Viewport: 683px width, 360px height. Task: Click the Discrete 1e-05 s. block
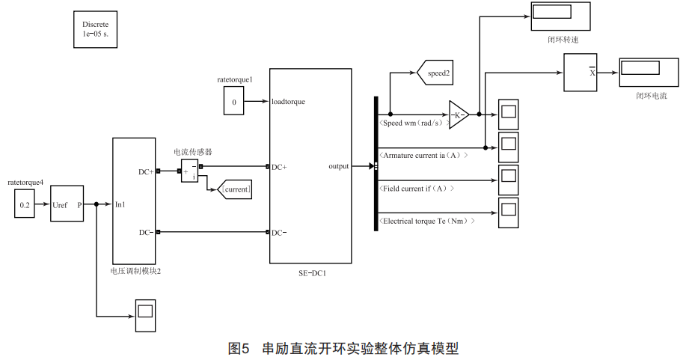(x=96, y=29)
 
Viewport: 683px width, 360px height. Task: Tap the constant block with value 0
(x=234, y=101)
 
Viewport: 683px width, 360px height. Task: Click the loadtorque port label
(x=289, y=101)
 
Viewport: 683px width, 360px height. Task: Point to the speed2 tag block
(x=441, y=73)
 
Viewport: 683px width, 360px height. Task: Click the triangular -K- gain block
(x=458, y=115)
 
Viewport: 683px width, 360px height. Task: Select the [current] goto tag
(x=235, y=189)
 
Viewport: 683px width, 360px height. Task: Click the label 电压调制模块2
(x=135, y=271)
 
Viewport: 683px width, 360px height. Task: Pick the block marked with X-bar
(x=580, y=73)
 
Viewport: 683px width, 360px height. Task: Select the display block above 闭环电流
(x=640, y=68)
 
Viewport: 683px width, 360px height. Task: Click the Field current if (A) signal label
(x=417, y=188)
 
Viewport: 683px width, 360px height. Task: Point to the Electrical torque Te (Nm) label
(x=428, y=221)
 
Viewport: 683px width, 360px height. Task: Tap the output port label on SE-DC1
(x=338, y=166)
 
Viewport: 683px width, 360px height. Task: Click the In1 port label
(x=120, y=204)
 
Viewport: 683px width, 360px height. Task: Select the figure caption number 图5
(x=239, y=348)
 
